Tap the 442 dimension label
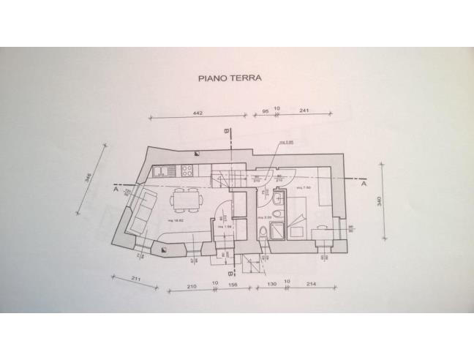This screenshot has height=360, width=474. [x=197, y=113]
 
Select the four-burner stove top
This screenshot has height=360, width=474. [x=186, y=172]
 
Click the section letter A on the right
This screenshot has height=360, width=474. [x=364, y=184]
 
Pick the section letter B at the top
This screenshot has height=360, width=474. [x=227, y=131]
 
